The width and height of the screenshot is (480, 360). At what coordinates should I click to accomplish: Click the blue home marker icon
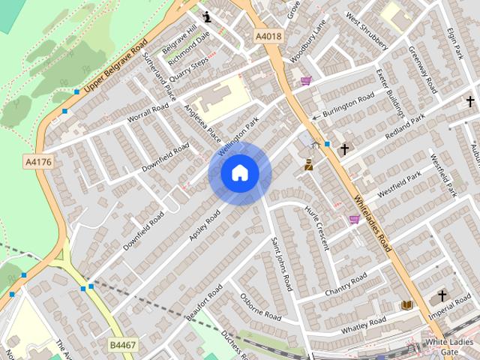pyautogui.click(x=239, y=173)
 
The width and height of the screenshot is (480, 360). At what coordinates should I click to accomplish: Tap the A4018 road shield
pyautogui.click(x=267, y=35)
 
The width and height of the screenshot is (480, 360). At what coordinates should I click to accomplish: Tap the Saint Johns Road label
pyautogui.click(x=282, y=263)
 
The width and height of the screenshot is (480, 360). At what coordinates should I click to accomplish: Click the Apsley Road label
pyautogui.click(x=204, y=224)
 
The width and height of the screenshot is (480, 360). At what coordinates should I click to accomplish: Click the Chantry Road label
pyautogui.click(x=345, y=284)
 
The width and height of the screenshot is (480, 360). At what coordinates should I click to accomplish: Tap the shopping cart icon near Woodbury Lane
pyautogui.click(x=306, y=80)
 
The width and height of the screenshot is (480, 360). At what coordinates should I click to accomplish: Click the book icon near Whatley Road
pyautogui.click(x=406, y=305)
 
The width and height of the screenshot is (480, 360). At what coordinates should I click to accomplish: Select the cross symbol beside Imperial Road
pyautogui.click(x=442, y=295)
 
